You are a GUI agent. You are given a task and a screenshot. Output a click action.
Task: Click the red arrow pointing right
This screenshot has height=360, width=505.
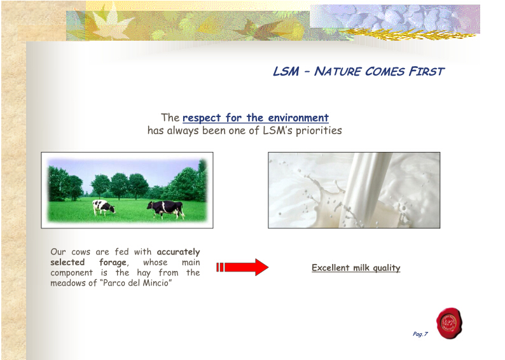242,267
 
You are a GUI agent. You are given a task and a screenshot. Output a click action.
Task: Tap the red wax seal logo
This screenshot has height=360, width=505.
449,323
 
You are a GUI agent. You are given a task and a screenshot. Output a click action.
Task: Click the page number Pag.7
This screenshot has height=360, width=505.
420,334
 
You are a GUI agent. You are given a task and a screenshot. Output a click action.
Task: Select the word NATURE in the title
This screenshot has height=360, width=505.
338,71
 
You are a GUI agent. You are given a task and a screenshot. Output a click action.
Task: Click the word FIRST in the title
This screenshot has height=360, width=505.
426,71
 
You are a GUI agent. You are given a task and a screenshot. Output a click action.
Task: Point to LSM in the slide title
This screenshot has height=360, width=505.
286,71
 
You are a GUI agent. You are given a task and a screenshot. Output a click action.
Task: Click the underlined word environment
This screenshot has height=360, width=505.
298,118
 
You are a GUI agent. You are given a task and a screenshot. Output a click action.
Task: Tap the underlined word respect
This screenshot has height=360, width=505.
202,118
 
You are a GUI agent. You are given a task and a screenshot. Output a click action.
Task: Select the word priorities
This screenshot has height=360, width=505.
319,131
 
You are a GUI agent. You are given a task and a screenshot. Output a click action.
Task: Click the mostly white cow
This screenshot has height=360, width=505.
104,208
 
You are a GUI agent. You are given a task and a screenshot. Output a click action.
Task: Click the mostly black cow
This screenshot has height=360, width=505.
166,209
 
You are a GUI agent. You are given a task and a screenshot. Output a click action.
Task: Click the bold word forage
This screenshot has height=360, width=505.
113,263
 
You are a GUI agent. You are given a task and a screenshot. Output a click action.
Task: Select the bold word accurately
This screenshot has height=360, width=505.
179,252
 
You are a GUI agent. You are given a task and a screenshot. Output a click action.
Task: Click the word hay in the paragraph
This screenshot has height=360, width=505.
144,273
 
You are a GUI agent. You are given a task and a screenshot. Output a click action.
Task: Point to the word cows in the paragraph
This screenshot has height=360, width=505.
81,252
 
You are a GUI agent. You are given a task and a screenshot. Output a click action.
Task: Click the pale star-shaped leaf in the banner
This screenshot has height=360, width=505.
109,22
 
